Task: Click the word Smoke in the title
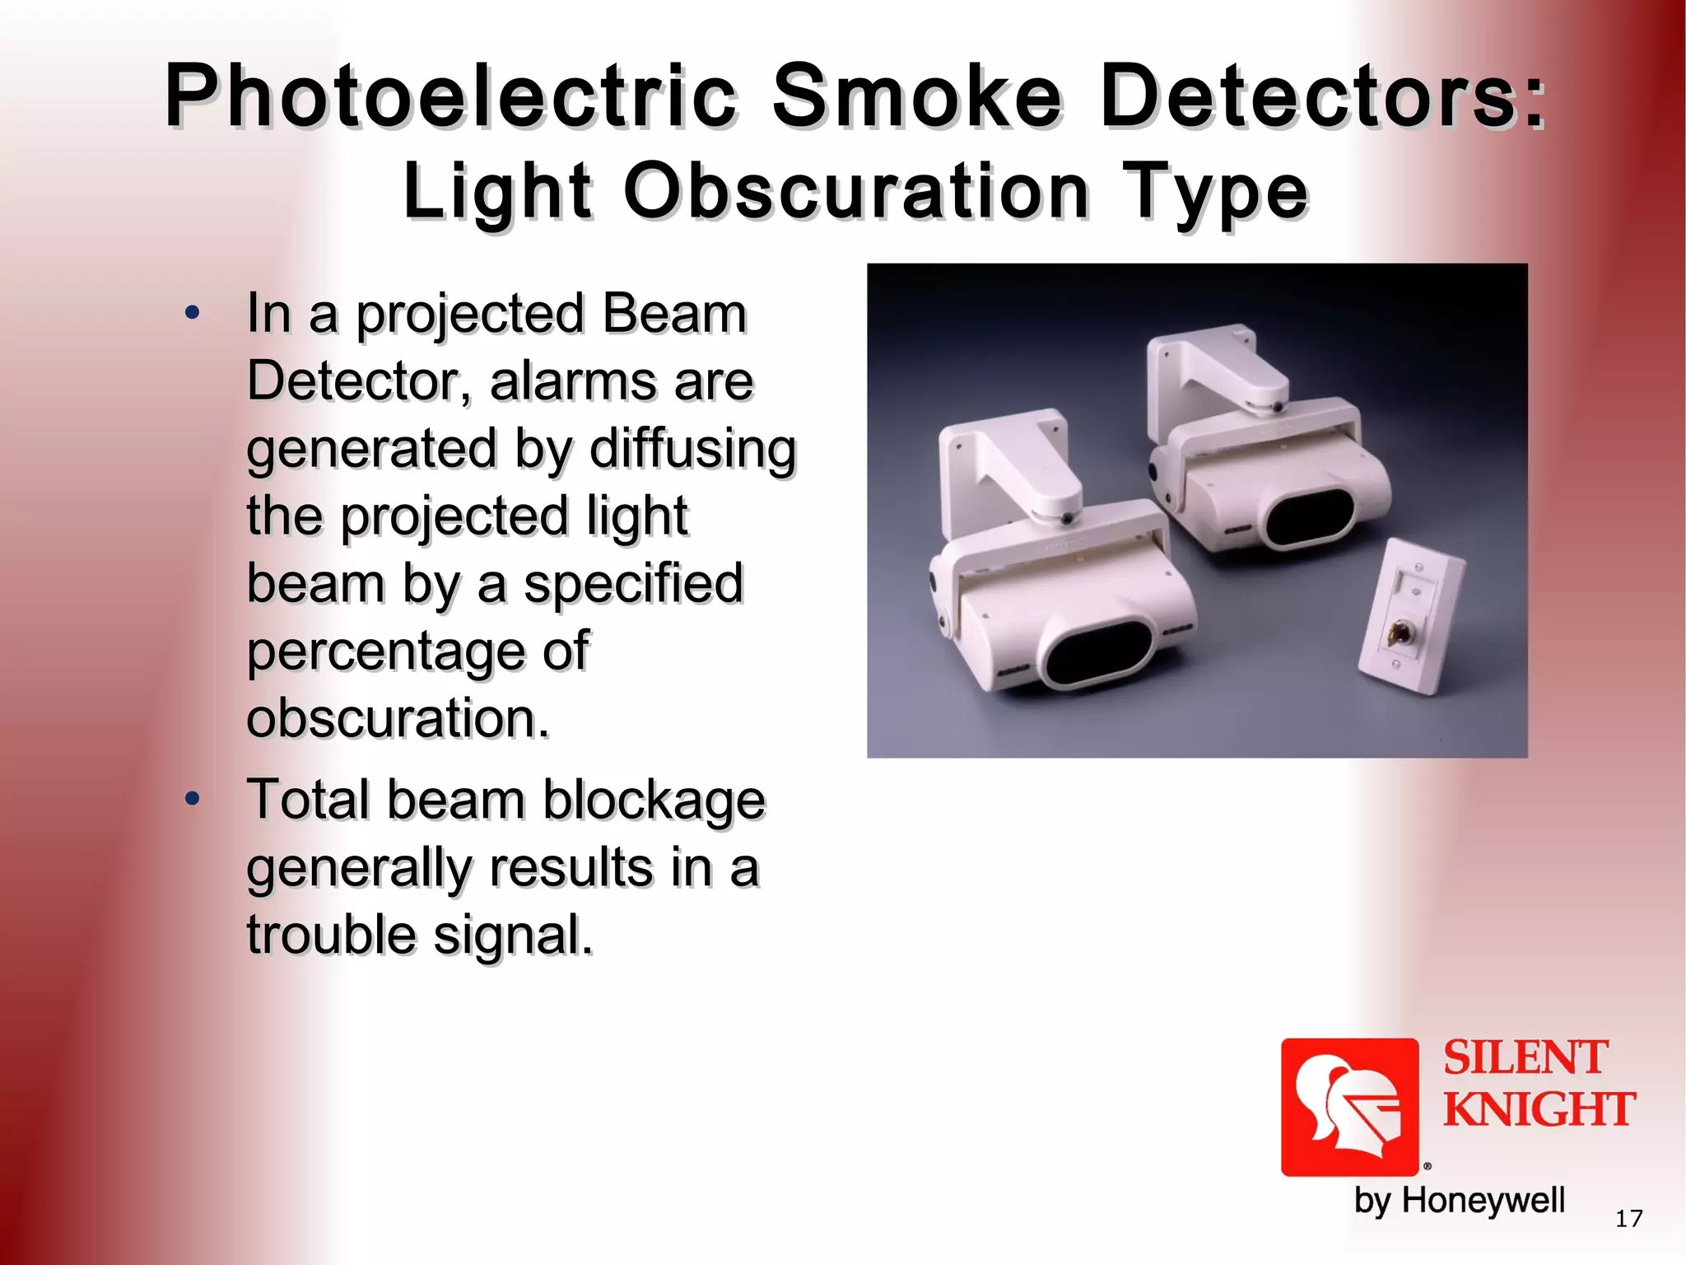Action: point(917,96)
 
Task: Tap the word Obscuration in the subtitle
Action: point(856,192)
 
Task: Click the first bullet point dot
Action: point(193,313)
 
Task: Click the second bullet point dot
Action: point(193,799)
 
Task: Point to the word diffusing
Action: point(692,450)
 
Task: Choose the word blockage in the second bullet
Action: point(654,800)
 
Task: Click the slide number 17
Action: point(1628,1219)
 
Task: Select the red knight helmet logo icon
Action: point(1349,1107)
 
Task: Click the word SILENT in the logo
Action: point(1525,1058)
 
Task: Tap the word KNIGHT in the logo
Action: point(1539,1109)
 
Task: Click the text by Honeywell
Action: point(1459,1200)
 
